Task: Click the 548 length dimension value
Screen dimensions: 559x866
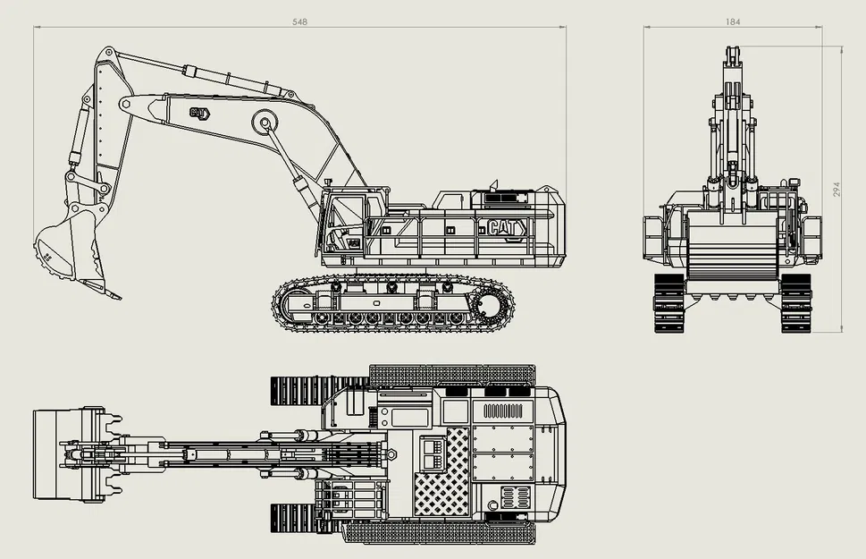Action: (299, 21)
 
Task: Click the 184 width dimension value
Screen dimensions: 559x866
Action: (734, 21)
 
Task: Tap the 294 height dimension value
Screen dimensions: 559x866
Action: (837, 190)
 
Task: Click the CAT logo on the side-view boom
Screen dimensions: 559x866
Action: (198, 113)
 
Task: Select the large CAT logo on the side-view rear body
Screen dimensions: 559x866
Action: (506, 229)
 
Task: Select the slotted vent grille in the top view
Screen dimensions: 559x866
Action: (502, 411)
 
